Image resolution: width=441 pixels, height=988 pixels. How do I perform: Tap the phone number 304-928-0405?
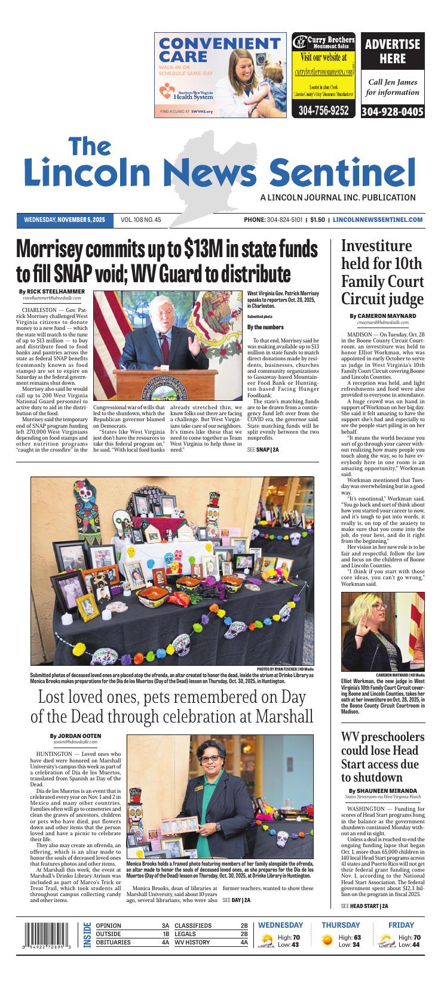(x=393, y=112)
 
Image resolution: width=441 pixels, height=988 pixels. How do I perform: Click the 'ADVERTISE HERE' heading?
(x=393, y=51)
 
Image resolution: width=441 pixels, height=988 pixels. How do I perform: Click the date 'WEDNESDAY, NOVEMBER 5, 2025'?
(x=65, y=220)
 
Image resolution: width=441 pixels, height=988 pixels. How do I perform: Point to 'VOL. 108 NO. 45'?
(x=141, y=220)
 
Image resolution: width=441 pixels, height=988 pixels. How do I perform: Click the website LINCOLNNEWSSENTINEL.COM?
(x=378, y=220)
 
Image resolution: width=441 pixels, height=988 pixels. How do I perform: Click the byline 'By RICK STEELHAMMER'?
(x=52, y=291)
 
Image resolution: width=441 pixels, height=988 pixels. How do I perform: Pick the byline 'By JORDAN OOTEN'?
(x=75, y=736)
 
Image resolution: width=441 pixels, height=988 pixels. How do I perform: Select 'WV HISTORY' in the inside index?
(x=192, y=943)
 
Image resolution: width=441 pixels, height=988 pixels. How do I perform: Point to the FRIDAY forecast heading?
(x=401, y=925)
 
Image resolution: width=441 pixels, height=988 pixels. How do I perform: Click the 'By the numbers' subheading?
(x=265, y=327)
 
